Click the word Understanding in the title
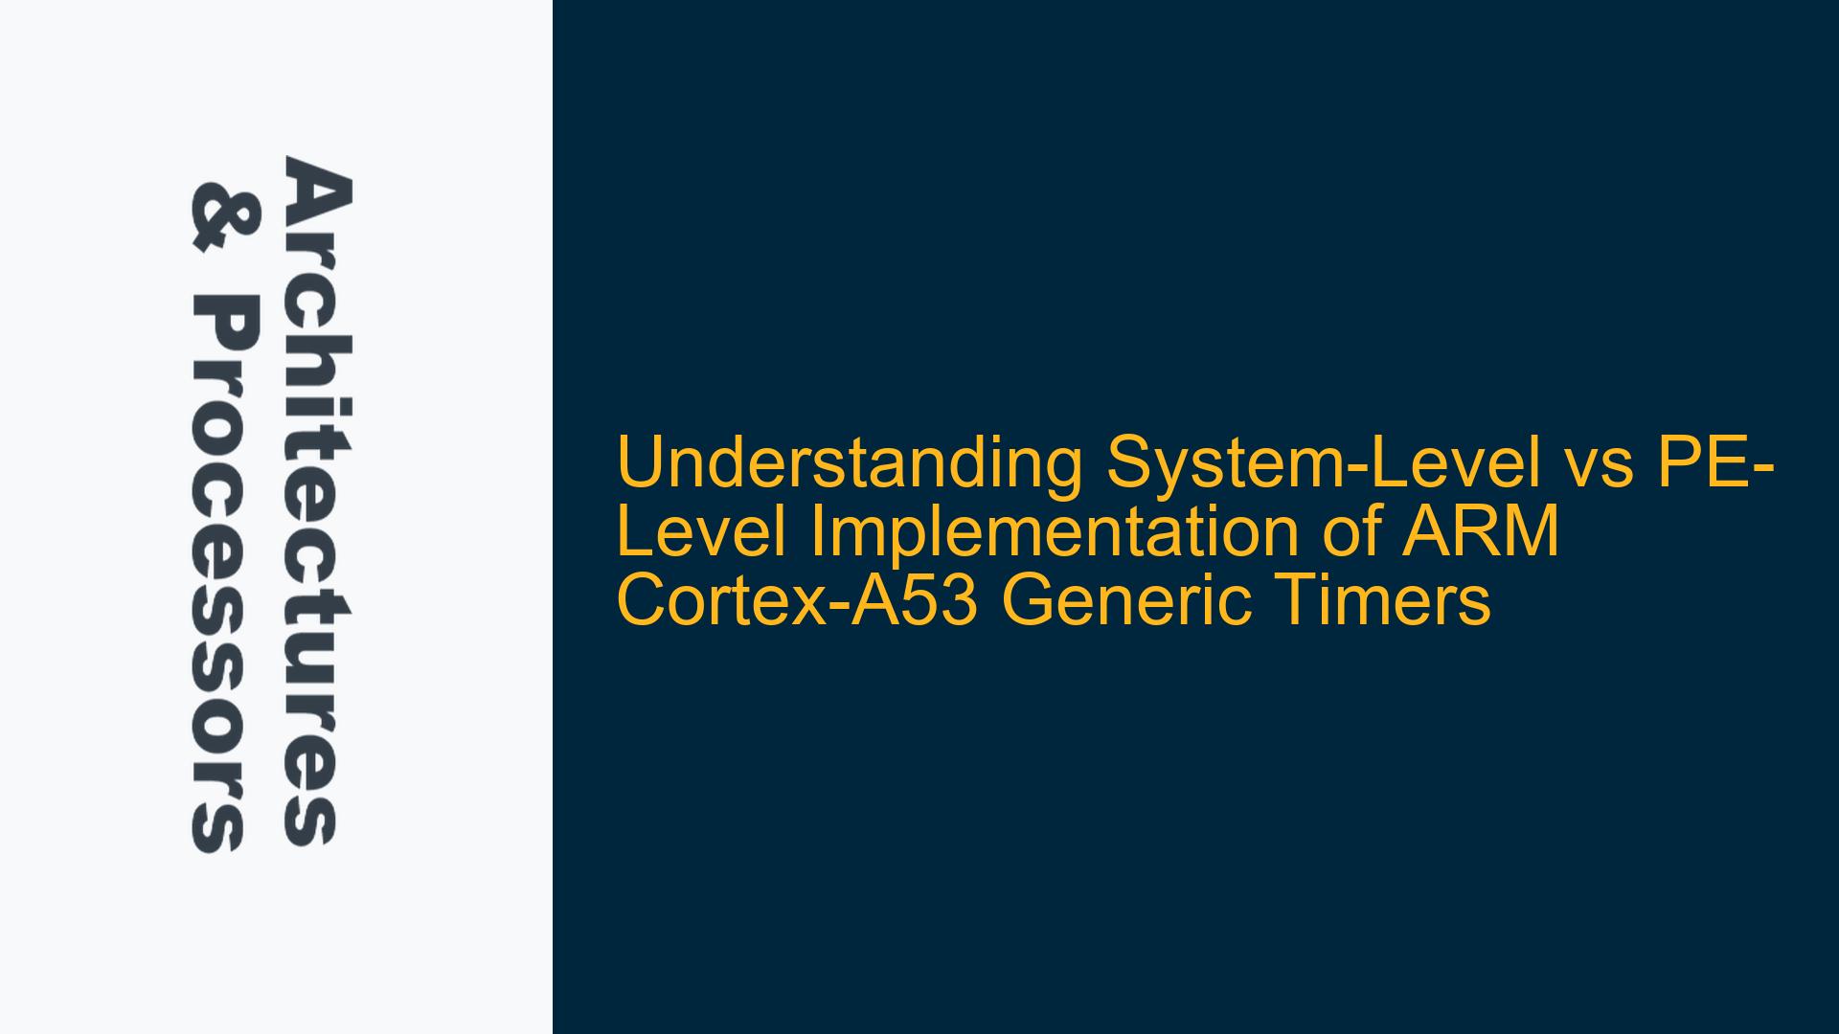click(x=850, y=463)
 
